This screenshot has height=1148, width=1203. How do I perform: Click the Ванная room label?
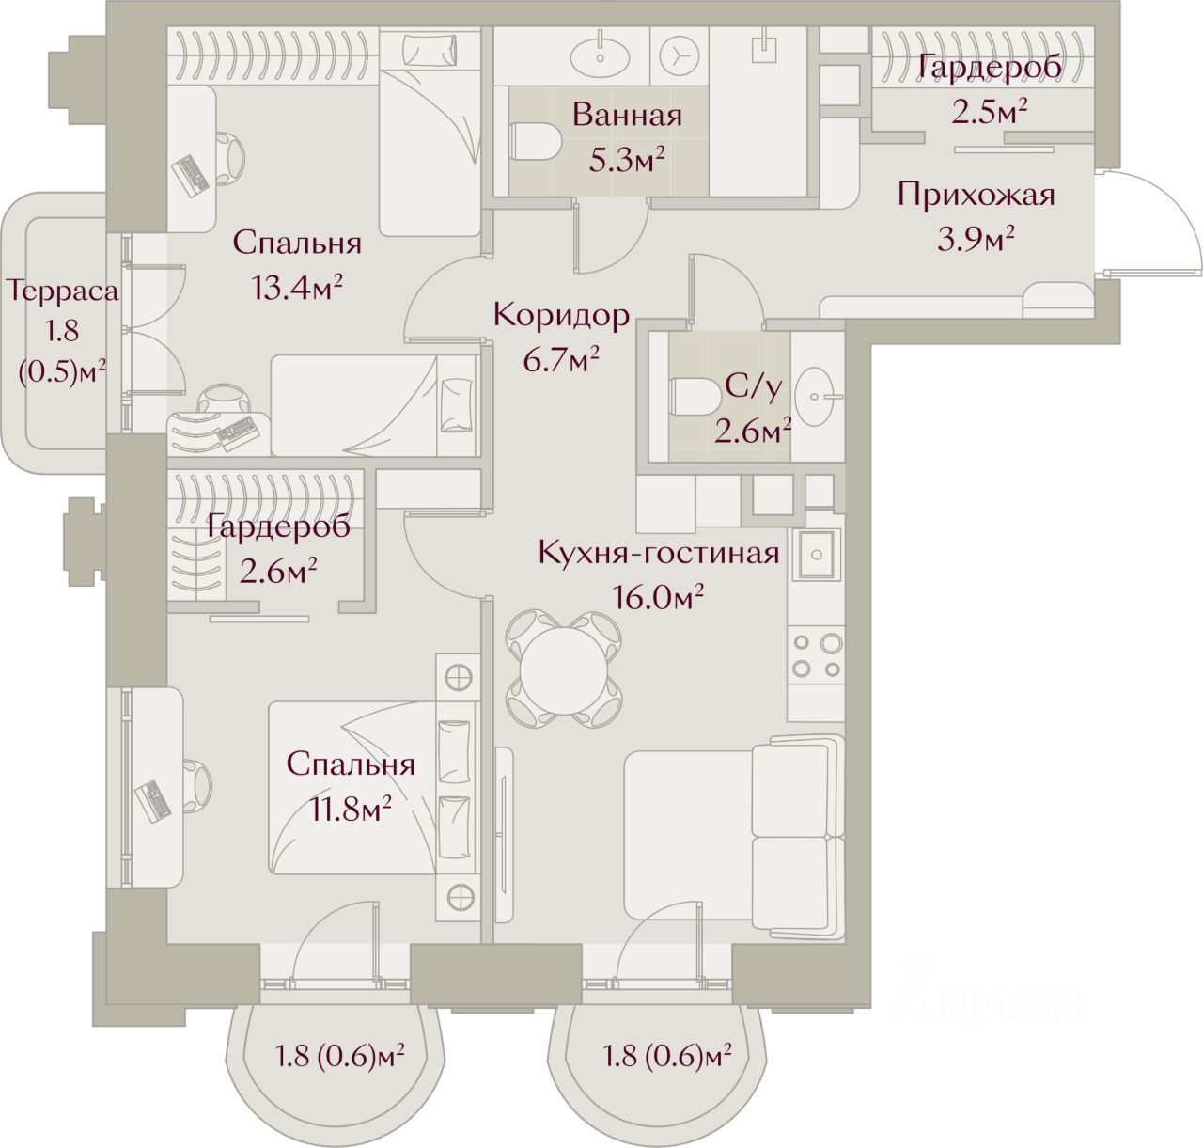[626, 116]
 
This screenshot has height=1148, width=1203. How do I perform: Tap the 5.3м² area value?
[626, 160]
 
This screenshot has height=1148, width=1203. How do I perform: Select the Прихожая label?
[976, 195]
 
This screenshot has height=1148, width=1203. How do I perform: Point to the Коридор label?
[561, 315]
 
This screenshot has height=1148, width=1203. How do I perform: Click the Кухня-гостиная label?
[658, 552]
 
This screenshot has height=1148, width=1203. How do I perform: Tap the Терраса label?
[63, 291]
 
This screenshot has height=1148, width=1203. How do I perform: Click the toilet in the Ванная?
[535, 142]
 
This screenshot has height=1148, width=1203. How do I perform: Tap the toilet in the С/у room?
[692, 395]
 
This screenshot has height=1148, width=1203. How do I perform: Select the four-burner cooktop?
[816, 655]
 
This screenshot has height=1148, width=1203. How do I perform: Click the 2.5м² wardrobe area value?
[989, 112]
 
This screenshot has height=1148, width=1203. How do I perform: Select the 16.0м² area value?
[658, 596]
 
